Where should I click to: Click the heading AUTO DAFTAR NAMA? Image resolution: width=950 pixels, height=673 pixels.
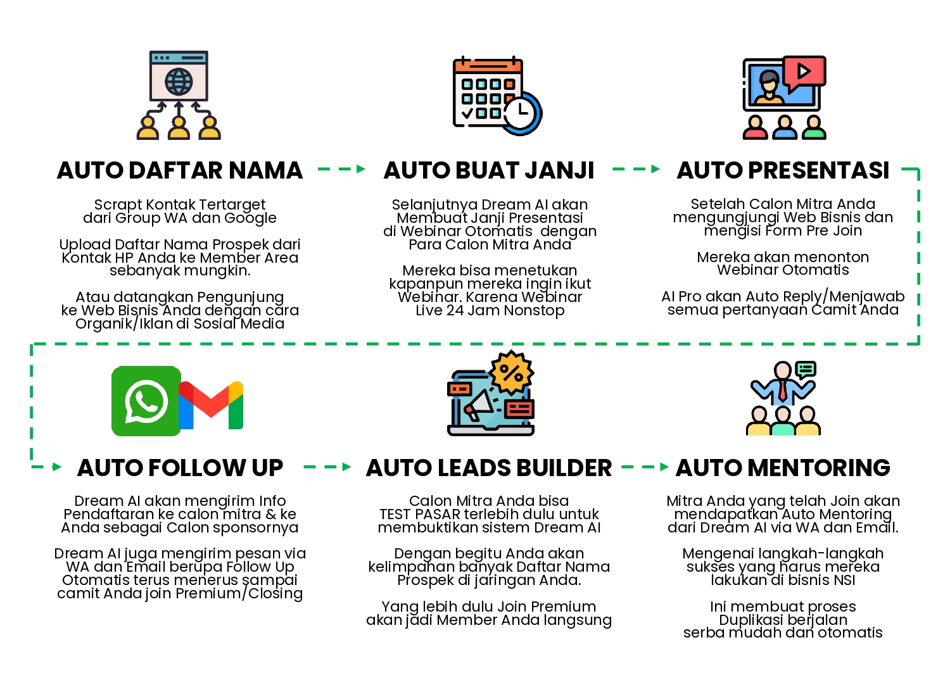pyautogui.click(x=180, y=170)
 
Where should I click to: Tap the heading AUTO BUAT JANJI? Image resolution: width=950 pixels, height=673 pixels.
pyautogui.click(x=489, y=170)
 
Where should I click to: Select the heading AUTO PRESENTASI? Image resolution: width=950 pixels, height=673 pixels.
pyautogui.click(x=783, y=170)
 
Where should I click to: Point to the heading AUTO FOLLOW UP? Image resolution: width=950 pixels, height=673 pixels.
pyautogui.click(x=180, y=468)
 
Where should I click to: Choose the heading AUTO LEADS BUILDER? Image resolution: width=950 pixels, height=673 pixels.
pyautogui.click(x=489, y=468)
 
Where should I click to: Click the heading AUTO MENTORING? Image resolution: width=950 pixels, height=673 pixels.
pyautogui.click(x=783, y=468)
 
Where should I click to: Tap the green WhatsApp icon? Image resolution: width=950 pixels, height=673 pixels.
pyautogui.click(x=146, y=401)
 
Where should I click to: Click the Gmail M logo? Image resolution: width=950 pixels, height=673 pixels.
pyautogui.click(x=211, y=405)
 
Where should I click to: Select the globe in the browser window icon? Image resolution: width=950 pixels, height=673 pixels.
pyautogui.click(x=179, y=82)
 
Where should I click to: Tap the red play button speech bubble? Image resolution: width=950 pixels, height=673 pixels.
pyautogui.click(x=804, y=71)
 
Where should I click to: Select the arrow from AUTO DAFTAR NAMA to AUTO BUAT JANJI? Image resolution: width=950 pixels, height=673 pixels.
pyautogui.click(x=341, y=170)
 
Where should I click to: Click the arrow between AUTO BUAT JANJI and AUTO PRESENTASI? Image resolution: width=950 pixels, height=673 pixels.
pyautogui.click(x=636, y=170)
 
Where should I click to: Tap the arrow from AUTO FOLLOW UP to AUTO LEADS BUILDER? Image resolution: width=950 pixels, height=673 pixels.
pyautogui.click(x=327, y=467)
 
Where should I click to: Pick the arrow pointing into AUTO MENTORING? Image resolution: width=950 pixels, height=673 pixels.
pyautogui.click(x=645, y=467)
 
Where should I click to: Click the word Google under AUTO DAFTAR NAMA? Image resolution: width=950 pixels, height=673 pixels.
pyautogui.click(x=250, y=218)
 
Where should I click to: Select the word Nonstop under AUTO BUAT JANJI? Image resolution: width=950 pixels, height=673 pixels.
pyautogui.click(x=534, y=310)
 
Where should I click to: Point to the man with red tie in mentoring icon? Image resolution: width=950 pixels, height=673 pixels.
pyautogui.click(x=783, y=384)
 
